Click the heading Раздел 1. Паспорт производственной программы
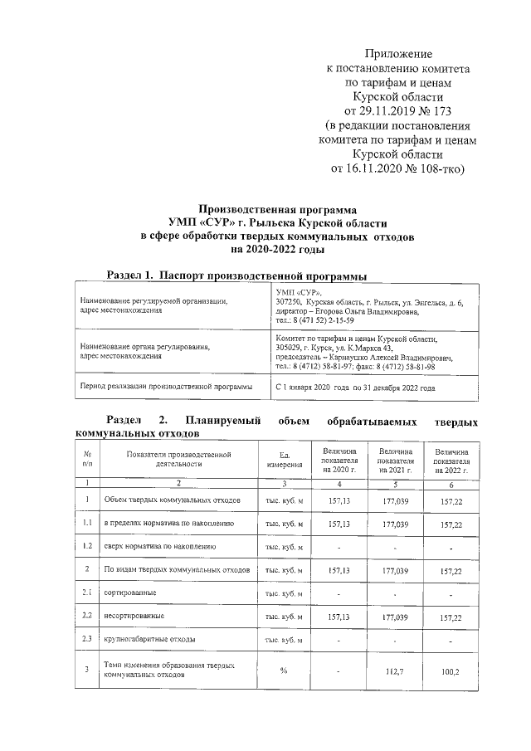pyautogui.click(x=238, y=275)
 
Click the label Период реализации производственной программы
pyautogui.click(x=165, y=387)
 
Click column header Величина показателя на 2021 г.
pyautogui.click(x=395, y=458)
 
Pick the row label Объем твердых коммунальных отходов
pyautogui.click(x=172, y=500)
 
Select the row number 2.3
pyautogui.click(x=87, y=640)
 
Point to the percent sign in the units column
pyautogui.click(x=283, y=670)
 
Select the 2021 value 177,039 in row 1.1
pyautogui.click(x=395, y=524)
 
